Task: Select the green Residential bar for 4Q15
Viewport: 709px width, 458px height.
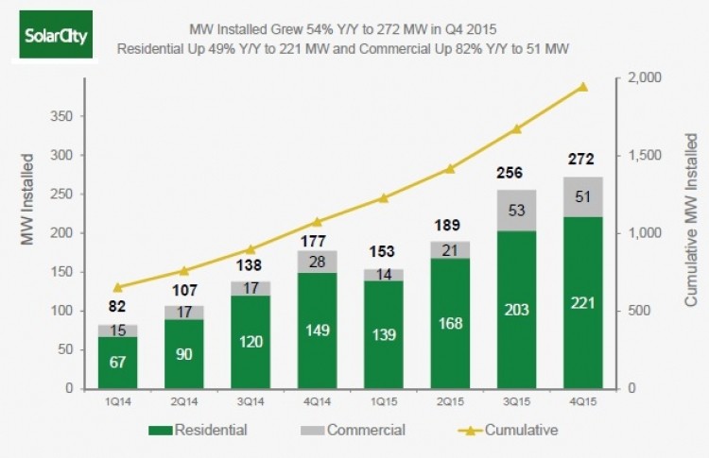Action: point(583,302)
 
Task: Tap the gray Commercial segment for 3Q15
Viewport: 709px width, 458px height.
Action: point(517,210)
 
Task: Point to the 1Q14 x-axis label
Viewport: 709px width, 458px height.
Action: point(117,400)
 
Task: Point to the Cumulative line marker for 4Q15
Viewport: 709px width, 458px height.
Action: point(583,87)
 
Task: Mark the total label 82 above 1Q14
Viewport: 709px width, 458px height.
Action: point(117,305)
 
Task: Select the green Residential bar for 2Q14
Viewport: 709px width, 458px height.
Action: point(183,354)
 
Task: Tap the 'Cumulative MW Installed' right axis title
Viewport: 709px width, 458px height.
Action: point(692,232)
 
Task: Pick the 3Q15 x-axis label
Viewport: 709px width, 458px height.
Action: point(517,400)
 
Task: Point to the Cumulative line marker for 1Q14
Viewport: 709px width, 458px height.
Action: point(117,287)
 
